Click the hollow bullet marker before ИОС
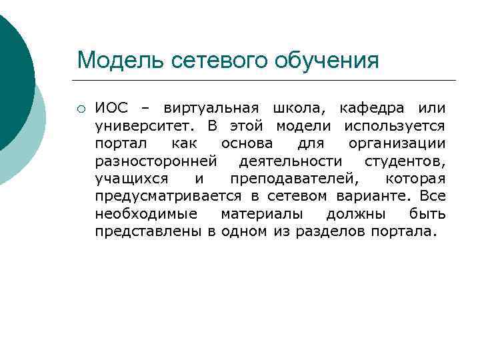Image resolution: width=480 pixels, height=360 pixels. point(80,109)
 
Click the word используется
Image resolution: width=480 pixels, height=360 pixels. point(395,127)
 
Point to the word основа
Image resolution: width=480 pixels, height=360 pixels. point(247,144)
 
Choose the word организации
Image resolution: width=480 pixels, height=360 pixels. point(397,144)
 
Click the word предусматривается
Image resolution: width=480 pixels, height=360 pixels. point(170,197)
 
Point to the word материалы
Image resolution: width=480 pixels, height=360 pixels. point(262,215)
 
